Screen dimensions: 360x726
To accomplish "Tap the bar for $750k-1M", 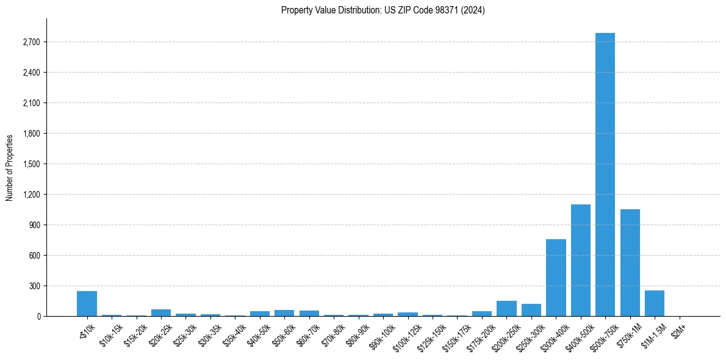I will (630, 263).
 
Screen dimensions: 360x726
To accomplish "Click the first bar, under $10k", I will (87, 304).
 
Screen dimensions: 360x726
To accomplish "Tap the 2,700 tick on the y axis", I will (31, 42).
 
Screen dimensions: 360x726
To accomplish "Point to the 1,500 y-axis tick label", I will (31, 164).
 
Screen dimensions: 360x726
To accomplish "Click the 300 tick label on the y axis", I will (34, 286).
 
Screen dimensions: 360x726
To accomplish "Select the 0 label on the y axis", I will (38, 317).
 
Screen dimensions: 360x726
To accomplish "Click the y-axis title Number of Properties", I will (9, 168).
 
